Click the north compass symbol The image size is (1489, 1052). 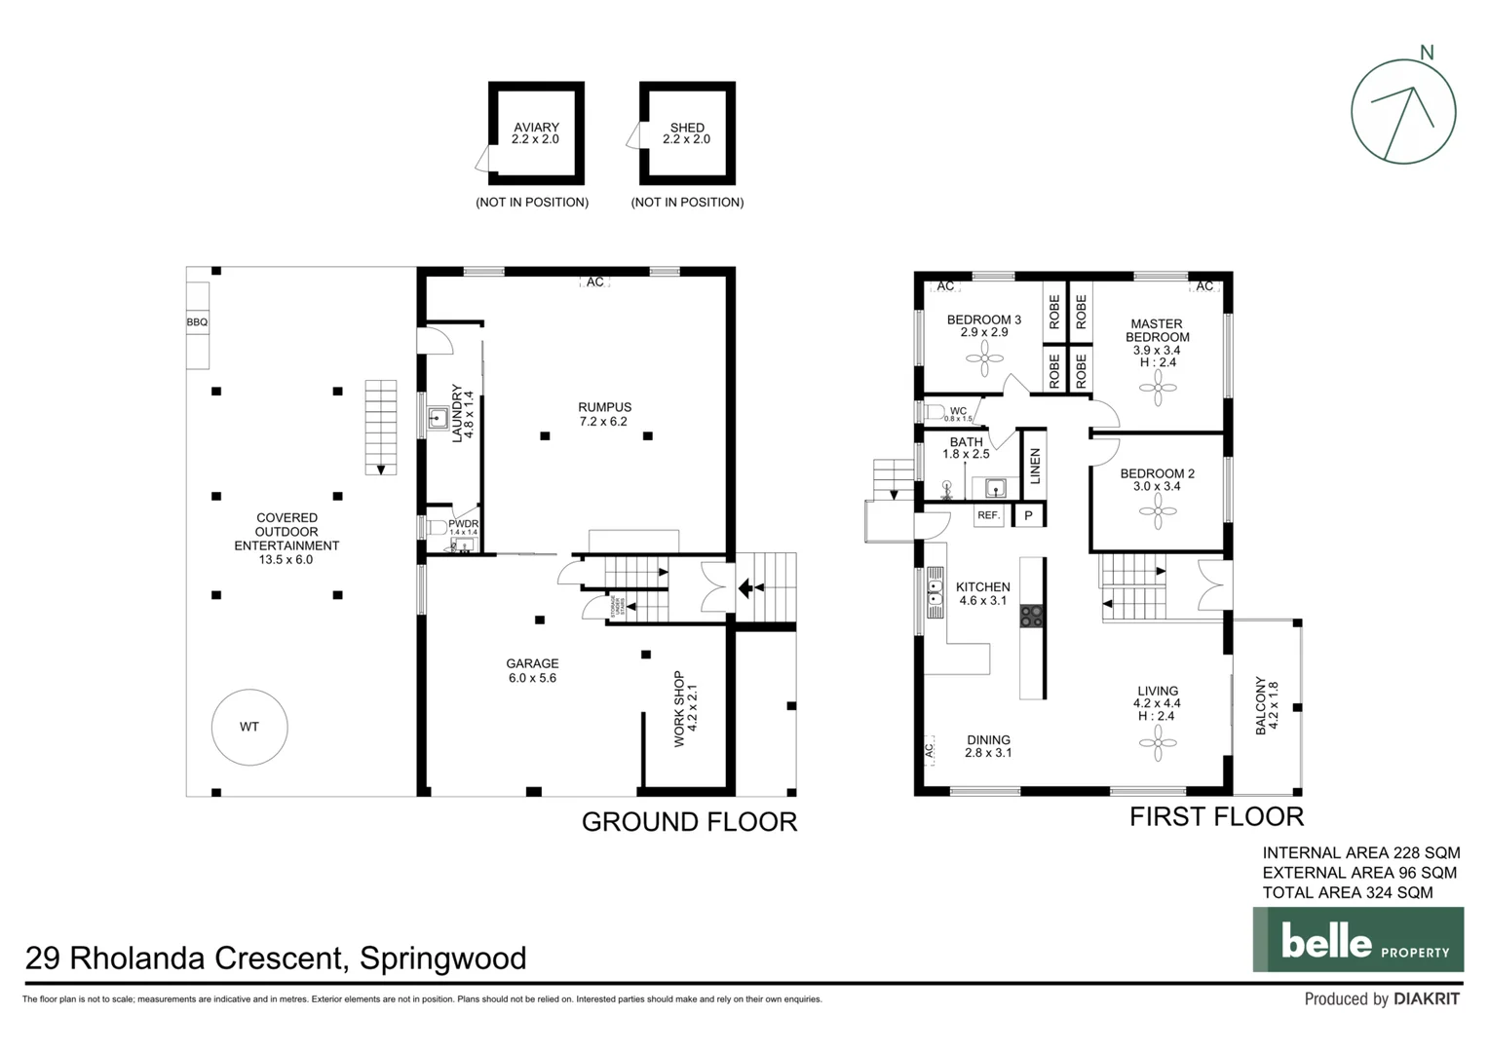[x=1403, y=111]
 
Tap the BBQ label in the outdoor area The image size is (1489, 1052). [x=197, y=322]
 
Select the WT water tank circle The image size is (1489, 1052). [x=249, y=727]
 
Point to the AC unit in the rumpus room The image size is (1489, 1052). [x=594, y=282]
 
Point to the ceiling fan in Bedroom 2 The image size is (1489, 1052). [x=1158, y=511]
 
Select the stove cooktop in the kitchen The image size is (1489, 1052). [x=1031, y=616]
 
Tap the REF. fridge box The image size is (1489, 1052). [x=989, y=515]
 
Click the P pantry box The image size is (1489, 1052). [x=1028, y=515]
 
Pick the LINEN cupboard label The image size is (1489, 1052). [x=1035, y=466]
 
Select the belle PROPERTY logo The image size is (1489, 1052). [x=1357, y=940]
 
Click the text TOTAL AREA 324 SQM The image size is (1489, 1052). [x=1348, y=892]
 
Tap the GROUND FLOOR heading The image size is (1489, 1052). [x=689, y=822]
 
